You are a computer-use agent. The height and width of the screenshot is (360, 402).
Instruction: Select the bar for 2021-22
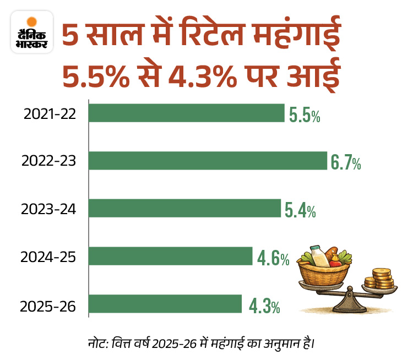[x=187, y=113]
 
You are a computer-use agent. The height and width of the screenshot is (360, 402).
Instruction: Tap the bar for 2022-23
[x=208, y=161]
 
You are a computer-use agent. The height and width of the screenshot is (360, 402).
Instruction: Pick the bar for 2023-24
[x=185, y=208]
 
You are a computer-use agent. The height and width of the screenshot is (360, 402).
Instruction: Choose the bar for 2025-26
[x=165, y=304]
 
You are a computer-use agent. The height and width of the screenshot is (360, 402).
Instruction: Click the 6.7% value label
[x=346, y=162]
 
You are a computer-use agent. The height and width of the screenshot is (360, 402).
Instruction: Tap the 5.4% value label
[x=300, y=210]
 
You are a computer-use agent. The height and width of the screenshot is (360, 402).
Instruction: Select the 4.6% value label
[x=272, y=258]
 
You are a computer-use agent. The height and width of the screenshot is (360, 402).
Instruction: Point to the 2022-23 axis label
[x=48, y=162]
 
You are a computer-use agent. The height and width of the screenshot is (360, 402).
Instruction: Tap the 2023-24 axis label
[x=48, y=210]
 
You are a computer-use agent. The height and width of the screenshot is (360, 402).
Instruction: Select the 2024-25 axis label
[x=48, y=257]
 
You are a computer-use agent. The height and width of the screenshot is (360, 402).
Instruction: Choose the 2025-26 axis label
[x=48, y=305]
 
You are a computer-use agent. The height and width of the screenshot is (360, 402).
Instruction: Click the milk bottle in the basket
[x=318, y=254]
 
